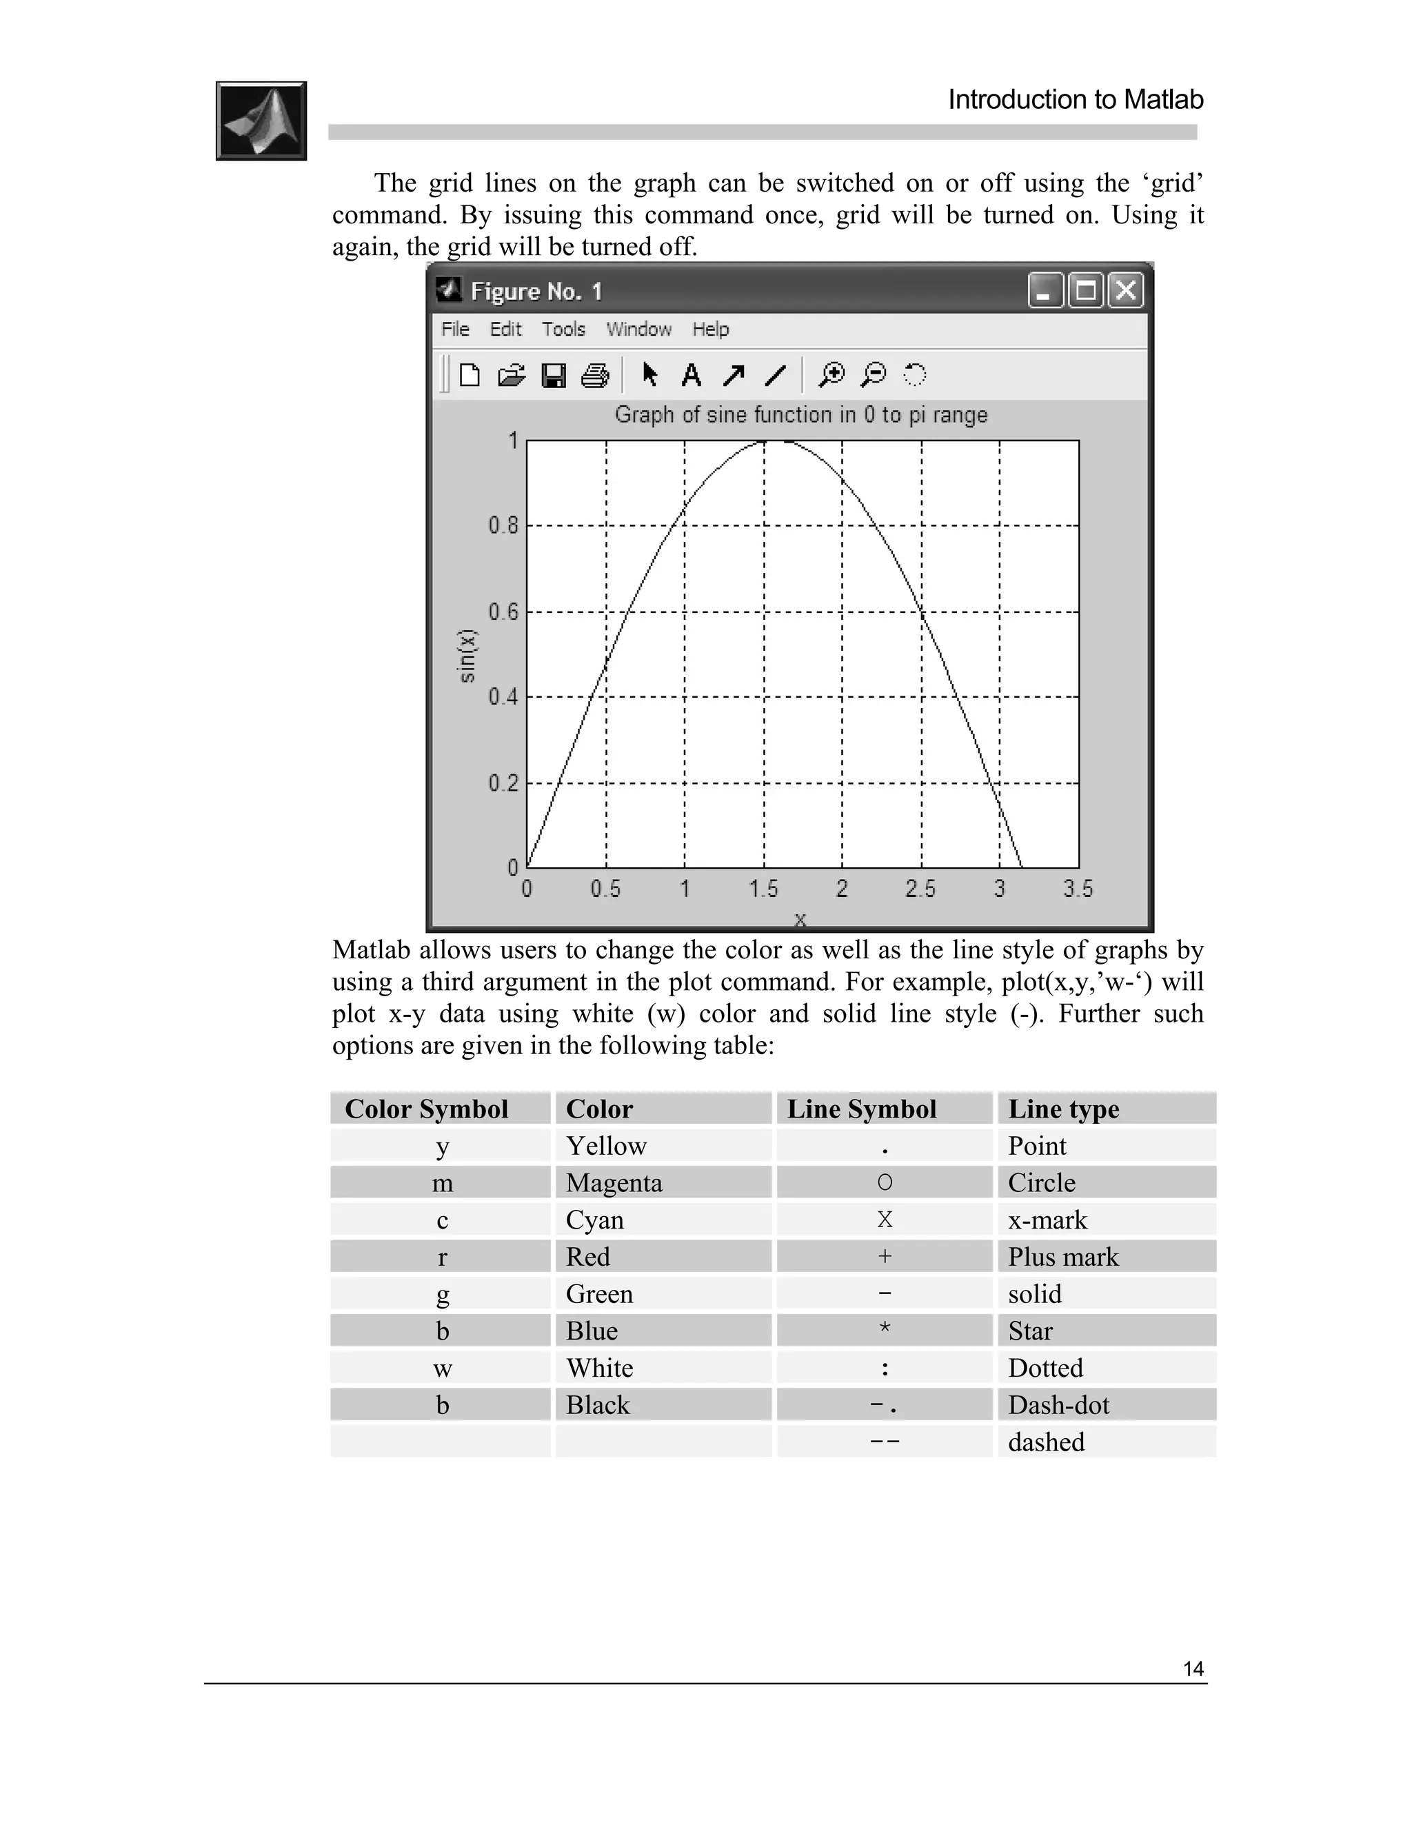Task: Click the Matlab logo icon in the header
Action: [261, 121]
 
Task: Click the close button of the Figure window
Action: [1126, 290]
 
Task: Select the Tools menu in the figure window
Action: [563, 329]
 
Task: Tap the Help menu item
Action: [710, 329]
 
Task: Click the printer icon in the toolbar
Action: [595, 375]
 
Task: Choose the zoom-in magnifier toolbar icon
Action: [831, 375]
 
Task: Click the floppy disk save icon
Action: [554, 375]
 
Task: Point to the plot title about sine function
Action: [800, 415]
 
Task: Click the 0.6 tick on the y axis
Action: [503, 612]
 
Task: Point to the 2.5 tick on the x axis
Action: [920, 889]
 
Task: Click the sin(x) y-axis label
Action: [467, 655]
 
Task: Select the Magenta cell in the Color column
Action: [614, 1183]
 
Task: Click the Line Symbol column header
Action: [862, 1109]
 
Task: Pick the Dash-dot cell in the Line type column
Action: [1058, 1404]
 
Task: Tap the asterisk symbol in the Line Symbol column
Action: [884, 1329]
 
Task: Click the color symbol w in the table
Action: [443, 1368]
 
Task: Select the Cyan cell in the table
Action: [595, 1220]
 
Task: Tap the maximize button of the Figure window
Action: [1086, 290]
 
